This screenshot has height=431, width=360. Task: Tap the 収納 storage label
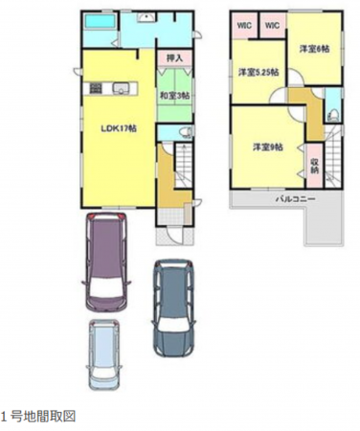314,165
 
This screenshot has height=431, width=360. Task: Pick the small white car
103,352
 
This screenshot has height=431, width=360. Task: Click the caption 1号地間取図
37,416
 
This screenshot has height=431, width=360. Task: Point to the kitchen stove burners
97,89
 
